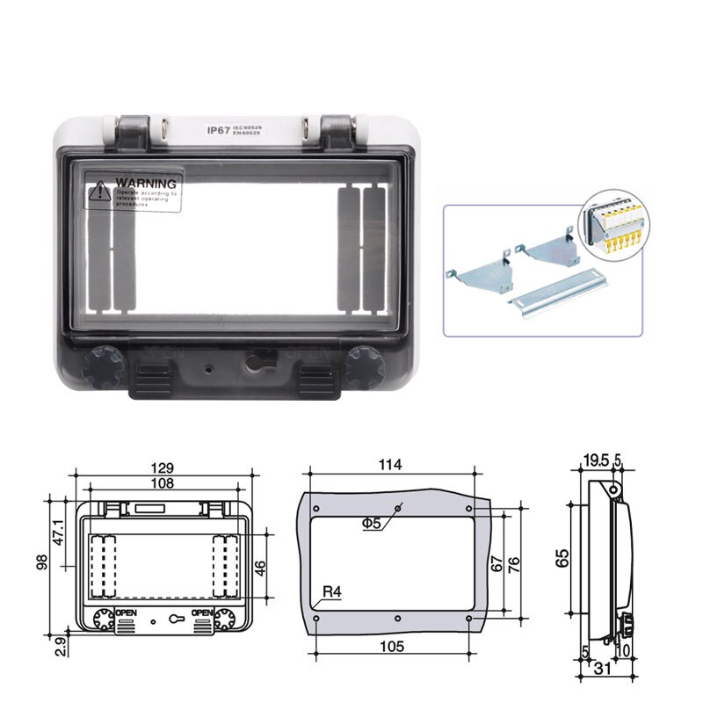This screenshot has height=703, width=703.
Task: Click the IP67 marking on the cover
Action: (x=218, y=130)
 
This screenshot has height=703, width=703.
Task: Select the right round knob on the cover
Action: (x=363, y=366)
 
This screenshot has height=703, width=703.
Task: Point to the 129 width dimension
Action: (x=161, y=467)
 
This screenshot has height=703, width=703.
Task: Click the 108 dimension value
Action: (x=161, y=482)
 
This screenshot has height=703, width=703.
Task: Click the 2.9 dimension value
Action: (x=58, y=646)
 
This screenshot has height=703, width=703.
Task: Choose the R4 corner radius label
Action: (x=331, y=592)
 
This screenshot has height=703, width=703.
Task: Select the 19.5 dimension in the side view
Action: (x=595, y=460)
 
